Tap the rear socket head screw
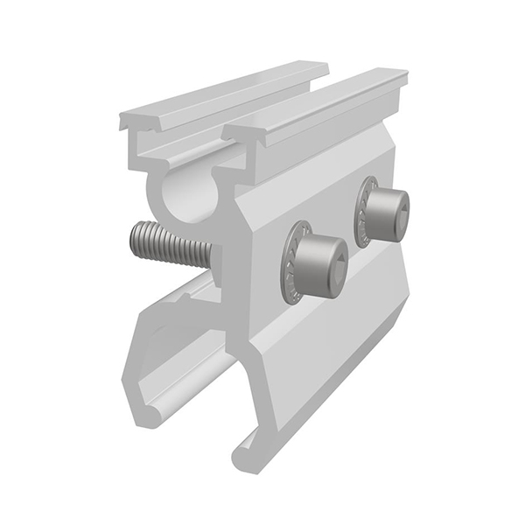(386, 215)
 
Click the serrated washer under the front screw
(291, 262)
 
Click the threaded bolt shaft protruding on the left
(171, 241)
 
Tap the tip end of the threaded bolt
(135, 239)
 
